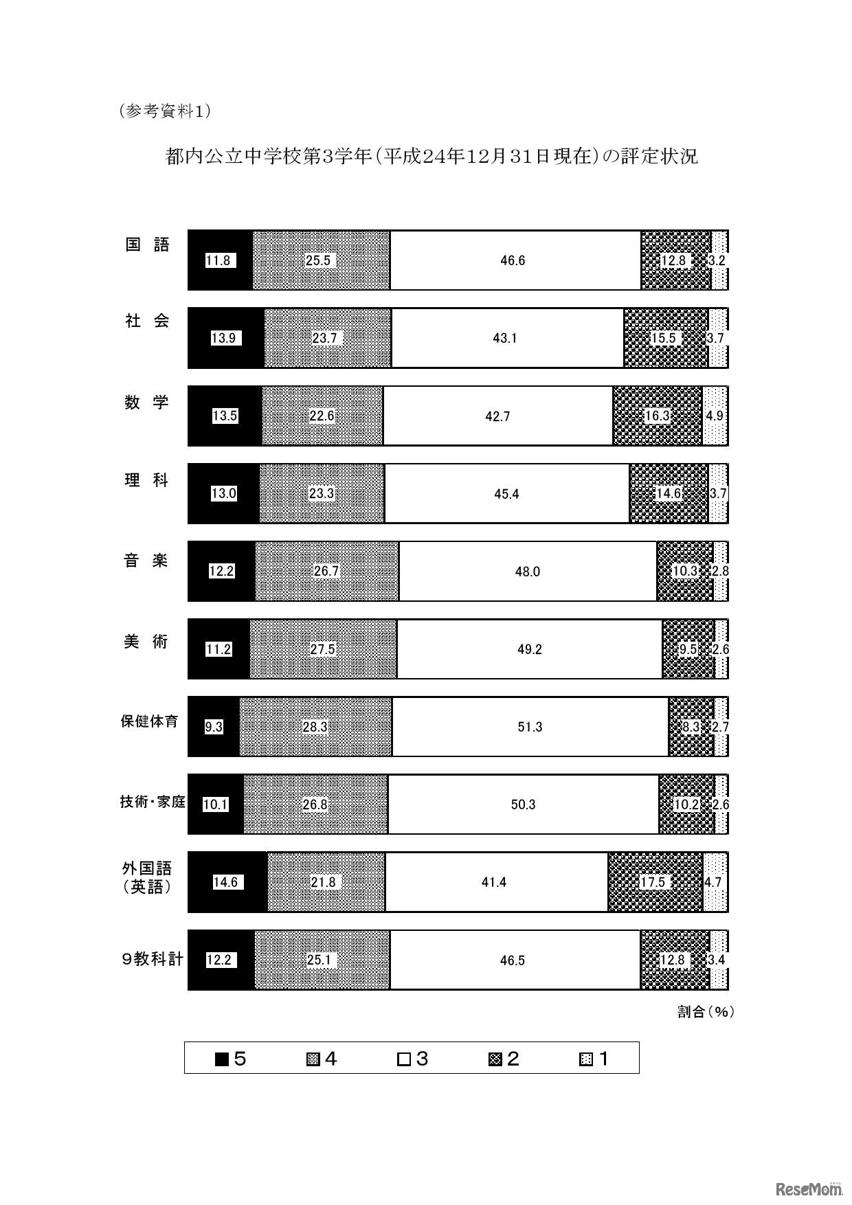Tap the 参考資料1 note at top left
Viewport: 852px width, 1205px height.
click(164, 111)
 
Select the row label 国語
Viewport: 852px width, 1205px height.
click(147, 245)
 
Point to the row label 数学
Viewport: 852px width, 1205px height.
click(146, 403)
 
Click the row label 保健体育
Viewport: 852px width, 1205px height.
click(149, 721)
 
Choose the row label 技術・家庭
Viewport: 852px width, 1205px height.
click(153, 802)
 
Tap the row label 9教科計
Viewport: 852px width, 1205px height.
click(152, 959)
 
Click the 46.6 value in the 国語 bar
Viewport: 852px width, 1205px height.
click(513, 261)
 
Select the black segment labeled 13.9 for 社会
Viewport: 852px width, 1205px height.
click(225, 338)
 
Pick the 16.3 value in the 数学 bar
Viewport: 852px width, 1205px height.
click(657, 416)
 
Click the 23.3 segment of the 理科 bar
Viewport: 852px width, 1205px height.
click(322, 493)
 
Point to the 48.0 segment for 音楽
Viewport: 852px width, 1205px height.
click(528, 572)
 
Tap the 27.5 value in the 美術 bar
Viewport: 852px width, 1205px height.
click(322, 649)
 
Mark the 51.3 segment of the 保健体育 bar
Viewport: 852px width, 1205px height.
click(530, 727)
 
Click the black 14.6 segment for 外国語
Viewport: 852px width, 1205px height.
click(226, 882)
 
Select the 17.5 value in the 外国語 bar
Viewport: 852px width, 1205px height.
click(653, 882)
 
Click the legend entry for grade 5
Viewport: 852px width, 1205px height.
click(231, 1059)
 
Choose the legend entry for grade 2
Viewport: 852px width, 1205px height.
click(504, 1059)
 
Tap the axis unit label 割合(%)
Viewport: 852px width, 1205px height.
click(706, 1012)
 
